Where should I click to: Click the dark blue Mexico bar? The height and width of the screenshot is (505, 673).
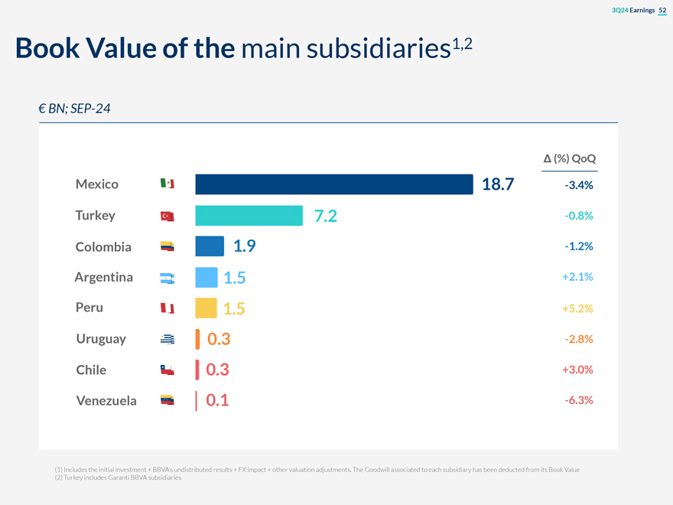tap(334, 184)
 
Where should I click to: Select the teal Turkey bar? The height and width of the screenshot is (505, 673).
tap(249, 216)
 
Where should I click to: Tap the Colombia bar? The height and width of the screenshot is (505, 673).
tap(210, 246)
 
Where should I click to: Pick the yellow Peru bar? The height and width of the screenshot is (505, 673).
tap(206, 308)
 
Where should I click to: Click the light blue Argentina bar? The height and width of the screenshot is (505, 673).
tap(206, 277)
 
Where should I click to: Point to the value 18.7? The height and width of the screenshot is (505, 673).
tap(498, 184)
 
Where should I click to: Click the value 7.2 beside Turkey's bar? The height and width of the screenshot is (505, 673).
tap(325, 216)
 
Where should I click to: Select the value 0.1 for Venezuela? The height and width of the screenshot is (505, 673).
tap(217, 400)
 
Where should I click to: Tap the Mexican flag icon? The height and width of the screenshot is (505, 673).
tap(167, 184)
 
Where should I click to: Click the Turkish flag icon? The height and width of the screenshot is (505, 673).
tap(167, 217)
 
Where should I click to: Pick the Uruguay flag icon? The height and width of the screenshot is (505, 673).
tap(167, 340)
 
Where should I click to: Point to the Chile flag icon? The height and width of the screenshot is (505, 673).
tap(167, 370)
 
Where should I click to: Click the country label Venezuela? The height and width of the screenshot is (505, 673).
tap(106, 400)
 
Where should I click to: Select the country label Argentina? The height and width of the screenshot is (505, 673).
tap(103, 277)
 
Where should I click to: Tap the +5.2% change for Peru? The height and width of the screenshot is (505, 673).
tap(577, 308)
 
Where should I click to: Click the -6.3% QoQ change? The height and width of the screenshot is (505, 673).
tap(579, 400)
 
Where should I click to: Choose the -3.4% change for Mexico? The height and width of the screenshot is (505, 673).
tap(579, 185)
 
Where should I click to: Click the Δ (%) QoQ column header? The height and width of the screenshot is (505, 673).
tap(569, 159)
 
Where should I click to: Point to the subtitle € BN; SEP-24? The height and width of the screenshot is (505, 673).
tap(74, 109)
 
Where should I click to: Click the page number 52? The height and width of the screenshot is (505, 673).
tap(662, 9)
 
